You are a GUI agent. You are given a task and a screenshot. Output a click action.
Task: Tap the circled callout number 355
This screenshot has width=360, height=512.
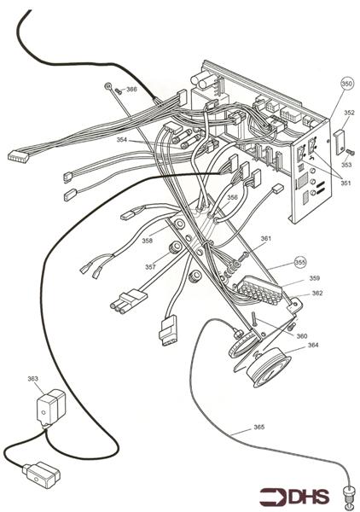[299, 262]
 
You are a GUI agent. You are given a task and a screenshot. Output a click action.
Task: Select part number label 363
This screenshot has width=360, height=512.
[33, 377]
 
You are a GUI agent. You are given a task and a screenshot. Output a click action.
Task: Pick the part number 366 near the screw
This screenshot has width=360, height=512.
[131, 89]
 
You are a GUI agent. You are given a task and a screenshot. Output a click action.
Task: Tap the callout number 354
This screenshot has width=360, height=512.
[123, 139]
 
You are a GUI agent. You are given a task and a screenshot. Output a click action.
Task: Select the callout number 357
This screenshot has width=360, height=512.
[150, 267]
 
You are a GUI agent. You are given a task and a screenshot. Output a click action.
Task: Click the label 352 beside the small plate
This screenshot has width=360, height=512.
[349, 112]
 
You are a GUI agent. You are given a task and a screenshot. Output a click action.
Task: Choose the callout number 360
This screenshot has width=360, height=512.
[302, 336]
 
